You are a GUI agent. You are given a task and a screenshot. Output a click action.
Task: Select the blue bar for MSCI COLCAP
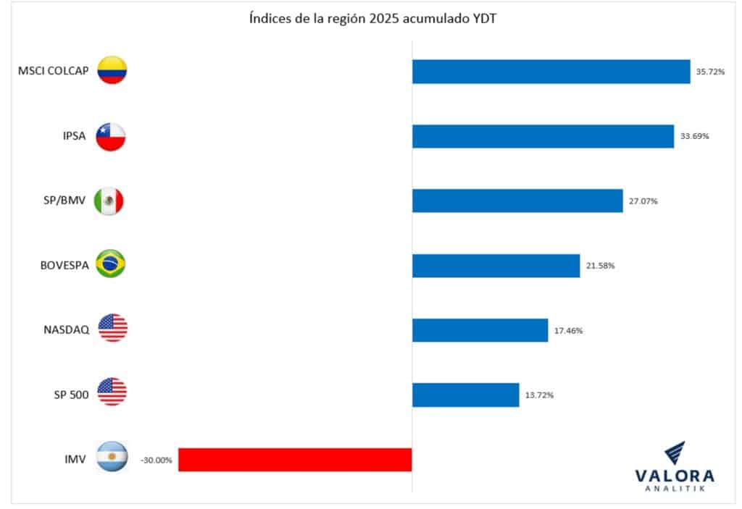click(551, 72)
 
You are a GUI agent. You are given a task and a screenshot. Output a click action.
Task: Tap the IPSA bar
click(543, 136)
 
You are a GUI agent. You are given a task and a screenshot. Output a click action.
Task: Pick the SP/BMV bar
click(517, 201)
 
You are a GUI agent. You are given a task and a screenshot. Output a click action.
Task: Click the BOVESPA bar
click(496, 266)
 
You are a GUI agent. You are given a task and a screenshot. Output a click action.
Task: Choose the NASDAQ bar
click(480, 330)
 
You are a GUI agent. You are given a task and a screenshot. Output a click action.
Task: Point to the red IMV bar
click(295, 460)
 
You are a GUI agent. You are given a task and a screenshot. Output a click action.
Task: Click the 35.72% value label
click(710, 72)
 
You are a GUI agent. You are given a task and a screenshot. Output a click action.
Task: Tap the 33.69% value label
click(694, 136)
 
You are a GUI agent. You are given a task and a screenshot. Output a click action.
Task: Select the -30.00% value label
click(157, 460)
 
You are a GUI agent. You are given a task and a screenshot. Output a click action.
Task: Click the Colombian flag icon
click(112, 70)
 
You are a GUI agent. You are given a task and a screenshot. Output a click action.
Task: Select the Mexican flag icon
click(110, 201)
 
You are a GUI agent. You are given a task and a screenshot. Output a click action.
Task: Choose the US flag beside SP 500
click(112, 392)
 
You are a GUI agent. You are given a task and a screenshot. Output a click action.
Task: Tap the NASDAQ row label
click(67, 330)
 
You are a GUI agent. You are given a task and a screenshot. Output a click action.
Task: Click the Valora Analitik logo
click(674, 468)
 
